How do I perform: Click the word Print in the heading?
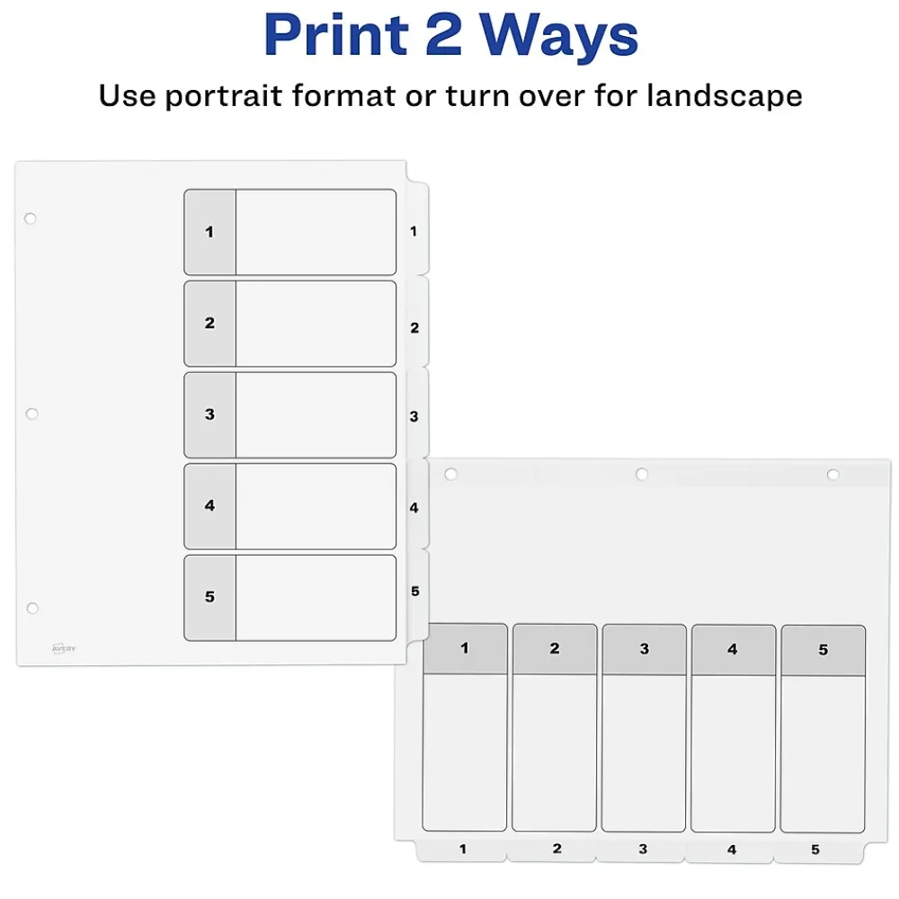coord(336,35)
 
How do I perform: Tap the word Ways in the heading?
coord(559,37)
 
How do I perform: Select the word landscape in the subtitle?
coord(725,96)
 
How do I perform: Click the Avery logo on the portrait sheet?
coord(64,648)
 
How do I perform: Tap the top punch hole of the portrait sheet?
coord(31,218)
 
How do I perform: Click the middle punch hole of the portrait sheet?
coord(32,414)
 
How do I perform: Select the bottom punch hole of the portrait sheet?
coord(32,608)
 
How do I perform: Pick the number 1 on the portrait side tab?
coord(414,231)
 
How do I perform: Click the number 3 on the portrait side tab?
coord(414,417)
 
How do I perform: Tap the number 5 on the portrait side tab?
coord(415,592)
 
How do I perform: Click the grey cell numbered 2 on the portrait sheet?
coord(209,324)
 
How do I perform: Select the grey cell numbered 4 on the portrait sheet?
coord(209,506)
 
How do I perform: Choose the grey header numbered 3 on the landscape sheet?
coord(645,650)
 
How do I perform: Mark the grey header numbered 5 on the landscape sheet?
coord(823,650)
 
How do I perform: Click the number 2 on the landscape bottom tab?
coord(556,849)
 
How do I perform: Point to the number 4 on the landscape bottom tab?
coord(732,850)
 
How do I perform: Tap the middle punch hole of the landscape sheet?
coord(642,474)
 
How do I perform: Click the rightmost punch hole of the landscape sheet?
coord(833,475)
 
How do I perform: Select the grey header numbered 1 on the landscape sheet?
coord(465,648)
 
